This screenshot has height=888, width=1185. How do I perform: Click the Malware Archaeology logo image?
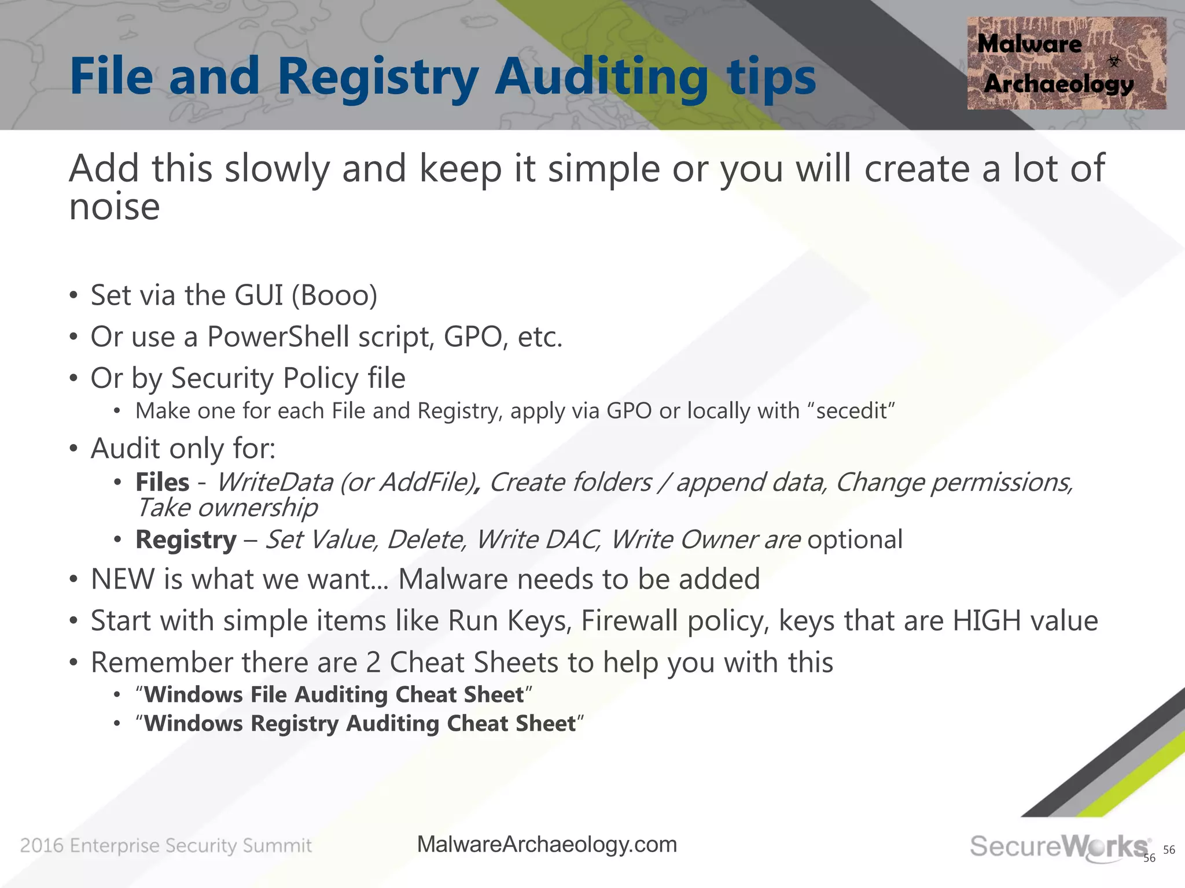1066,63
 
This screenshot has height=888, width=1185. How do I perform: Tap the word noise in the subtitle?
114,207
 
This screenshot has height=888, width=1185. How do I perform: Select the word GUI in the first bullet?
259,295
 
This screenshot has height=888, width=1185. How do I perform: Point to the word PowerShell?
278,337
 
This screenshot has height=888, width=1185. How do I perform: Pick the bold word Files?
162,482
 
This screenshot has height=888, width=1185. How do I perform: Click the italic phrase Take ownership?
227,508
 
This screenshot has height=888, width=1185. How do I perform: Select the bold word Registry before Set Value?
186,540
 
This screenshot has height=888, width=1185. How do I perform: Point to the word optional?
855,540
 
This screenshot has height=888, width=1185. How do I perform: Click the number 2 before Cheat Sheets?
373,663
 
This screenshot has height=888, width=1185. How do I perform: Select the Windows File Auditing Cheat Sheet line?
334,695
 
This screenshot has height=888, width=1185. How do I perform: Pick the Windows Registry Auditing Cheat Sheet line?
360,724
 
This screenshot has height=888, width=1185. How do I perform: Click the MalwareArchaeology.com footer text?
547,845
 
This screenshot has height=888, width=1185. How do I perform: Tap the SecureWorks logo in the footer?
1058,847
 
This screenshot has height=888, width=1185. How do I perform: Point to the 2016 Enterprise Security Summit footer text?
166,846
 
